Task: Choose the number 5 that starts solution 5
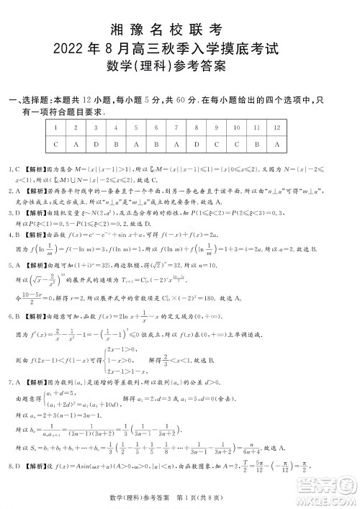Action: point(12,284)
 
